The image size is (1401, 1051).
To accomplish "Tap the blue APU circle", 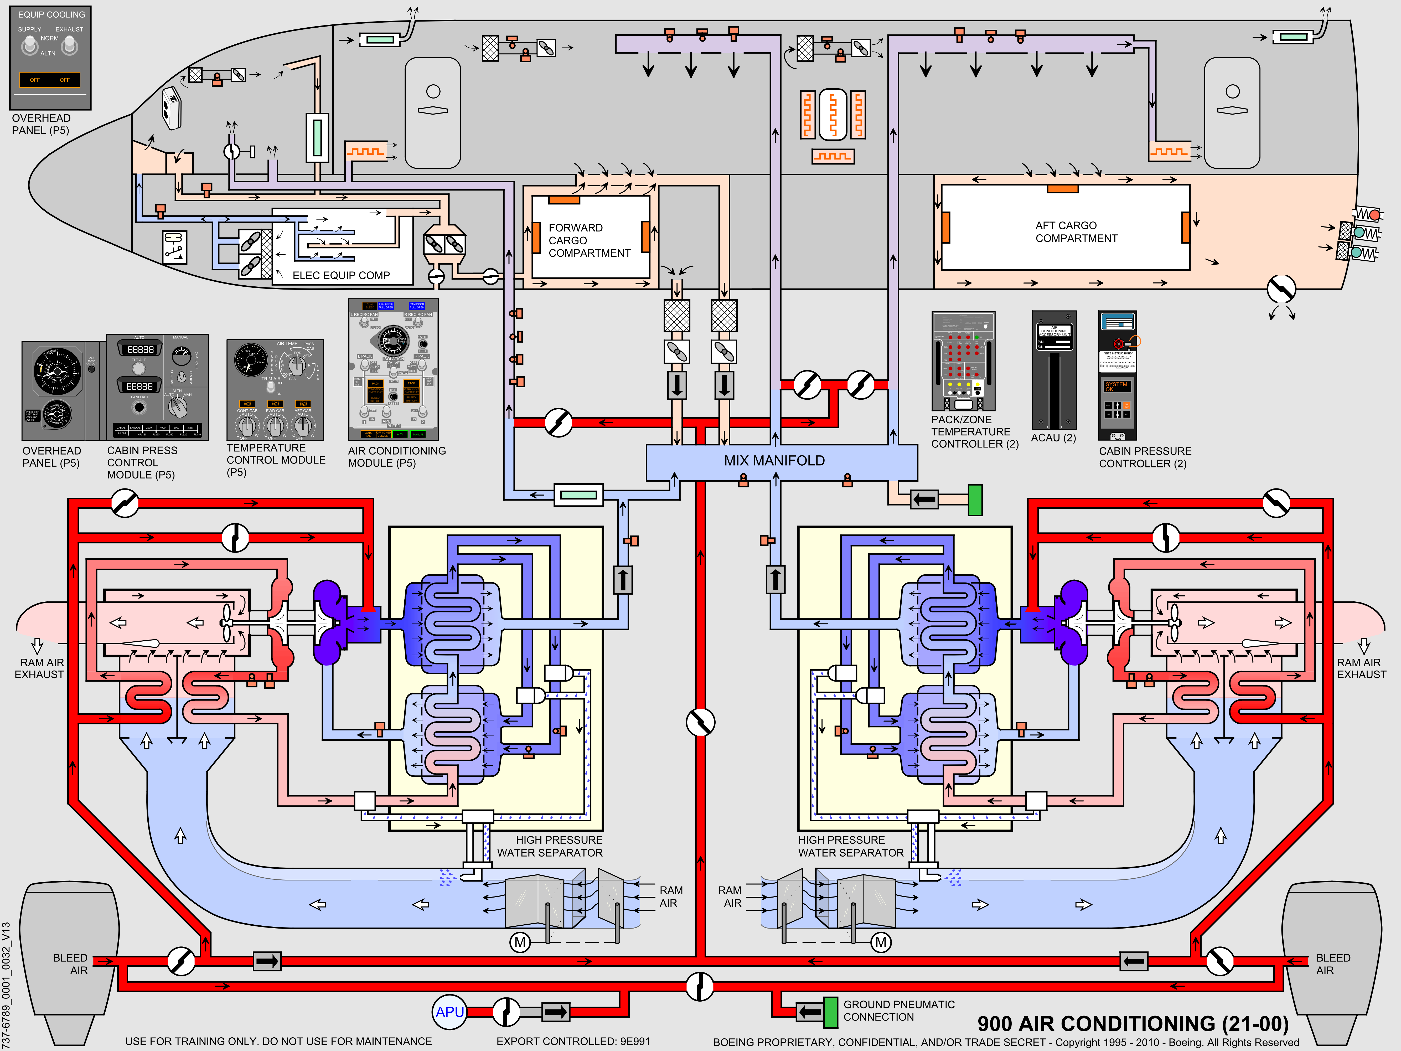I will click(x=450, y=1012).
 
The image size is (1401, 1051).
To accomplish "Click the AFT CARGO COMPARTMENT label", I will click(x=1076, y=232).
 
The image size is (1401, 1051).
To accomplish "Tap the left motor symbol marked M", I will click(x=520, y=942).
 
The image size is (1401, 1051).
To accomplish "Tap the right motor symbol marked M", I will click(x=880, y=942).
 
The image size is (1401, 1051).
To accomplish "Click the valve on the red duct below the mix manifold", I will click(x=700, y=722).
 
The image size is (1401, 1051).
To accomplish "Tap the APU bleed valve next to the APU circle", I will click(x=506, y=1012).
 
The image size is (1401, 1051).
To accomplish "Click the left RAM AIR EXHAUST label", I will click(x=39, y=668).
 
